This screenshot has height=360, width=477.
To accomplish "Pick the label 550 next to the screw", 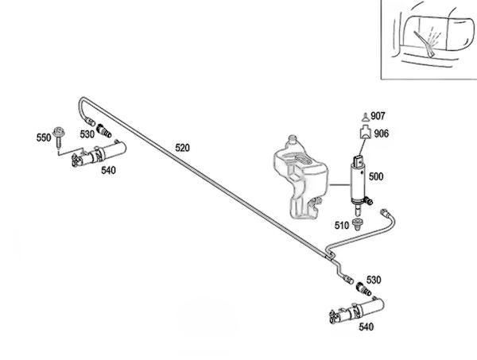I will [x=43, y=137].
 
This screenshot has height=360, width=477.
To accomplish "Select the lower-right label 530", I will [x=373, y=279].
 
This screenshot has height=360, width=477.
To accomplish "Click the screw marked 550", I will [x=60, y=134].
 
